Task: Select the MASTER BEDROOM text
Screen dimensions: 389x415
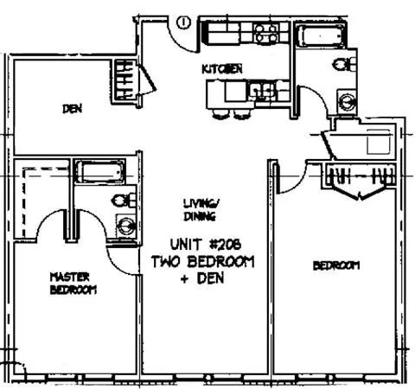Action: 71,284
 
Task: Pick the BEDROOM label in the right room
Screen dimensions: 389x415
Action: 335,265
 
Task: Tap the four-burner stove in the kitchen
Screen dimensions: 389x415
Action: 265,35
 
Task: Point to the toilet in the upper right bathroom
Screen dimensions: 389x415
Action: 343,63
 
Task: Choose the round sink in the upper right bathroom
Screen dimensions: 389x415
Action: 347,99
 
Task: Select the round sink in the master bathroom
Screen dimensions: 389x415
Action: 126,226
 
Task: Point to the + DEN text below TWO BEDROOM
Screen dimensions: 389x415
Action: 205,277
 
